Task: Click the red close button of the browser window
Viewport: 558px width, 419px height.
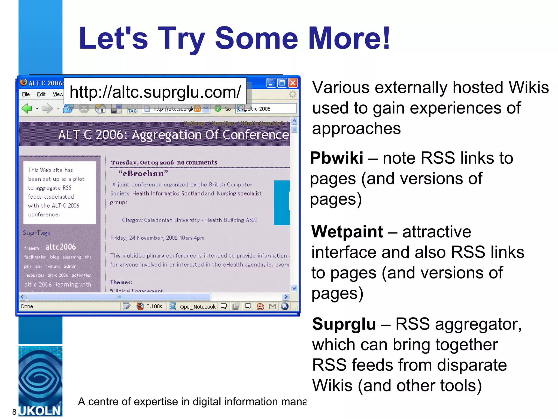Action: [293, 83]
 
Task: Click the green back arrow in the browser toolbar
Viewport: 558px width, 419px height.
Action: [27, 109]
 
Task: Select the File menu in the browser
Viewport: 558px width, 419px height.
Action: [26, 94]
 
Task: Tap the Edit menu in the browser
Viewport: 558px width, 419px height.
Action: [41, 94]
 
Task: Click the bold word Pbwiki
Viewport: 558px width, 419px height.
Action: [336, 158]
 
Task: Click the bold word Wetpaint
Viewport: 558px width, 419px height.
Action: [347, 232]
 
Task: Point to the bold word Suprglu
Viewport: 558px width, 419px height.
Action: [344, 324]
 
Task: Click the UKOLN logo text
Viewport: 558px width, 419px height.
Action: [40, 411]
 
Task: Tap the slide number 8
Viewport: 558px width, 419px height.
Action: [14, 412]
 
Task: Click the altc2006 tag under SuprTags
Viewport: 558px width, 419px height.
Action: [60, 247]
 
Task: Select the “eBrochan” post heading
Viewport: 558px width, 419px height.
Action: [143, 173]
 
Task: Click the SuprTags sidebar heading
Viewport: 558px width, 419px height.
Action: [37, 233]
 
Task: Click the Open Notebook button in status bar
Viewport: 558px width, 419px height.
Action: [198, 307]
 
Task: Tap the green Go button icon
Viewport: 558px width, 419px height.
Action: [218, 109]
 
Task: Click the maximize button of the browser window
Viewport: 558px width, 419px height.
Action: [282, 83]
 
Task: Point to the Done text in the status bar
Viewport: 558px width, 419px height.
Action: [27, 306]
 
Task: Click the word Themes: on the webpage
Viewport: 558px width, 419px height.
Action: [121, 282]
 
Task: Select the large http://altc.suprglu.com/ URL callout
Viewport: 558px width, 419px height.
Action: [155, 92]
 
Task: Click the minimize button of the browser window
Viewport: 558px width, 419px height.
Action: [271, 83]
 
